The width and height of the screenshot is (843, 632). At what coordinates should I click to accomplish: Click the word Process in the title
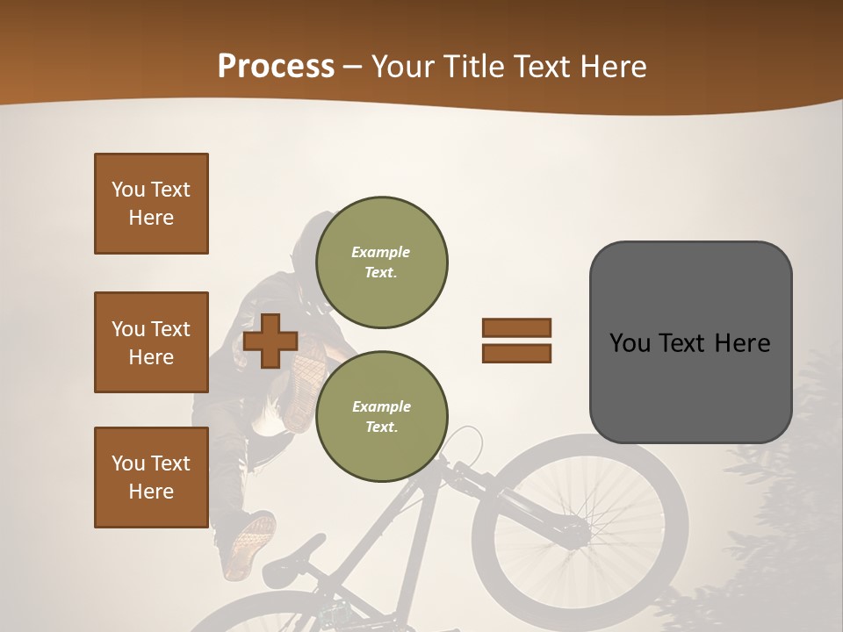tap(276, 66)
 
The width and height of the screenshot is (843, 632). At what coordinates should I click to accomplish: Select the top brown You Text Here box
tap(151, 204)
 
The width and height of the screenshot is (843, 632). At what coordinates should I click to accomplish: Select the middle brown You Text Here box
tap(151, 342)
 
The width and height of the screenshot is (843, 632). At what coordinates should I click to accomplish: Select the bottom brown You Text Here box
tap(151, 478)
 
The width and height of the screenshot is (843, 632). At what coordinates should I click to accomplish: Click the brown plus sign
tap(270, 341)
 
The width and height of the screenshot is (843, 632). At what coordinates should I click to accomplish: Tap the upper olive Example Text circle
tap(381, 262)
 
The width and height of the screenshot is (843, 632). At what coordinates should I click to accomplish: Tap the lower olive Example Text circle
tap(381, 417)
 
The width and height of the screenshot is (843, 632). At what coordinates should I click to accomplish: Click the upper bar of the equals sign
tap(517, 327)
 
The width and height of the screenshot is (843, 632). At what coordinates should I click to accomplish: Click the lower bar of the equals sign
tap(517, 354)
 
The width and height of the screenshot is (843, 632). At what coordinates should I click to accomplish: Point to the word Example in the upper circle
tap(381, 252)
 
